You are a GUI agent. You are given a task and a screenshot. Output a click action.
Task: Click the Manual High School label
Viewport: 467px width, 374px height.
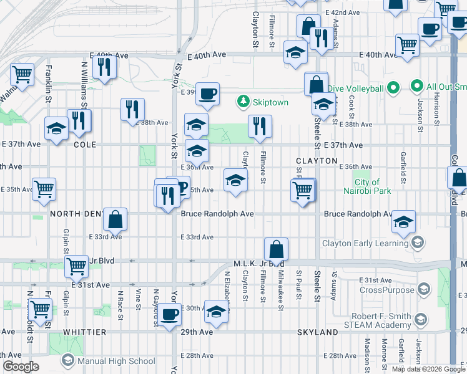(x=116, y=361)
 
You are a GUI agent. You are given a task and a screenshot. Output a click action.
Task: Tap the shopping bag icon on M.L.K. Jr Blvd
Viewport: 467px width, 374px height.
(x=276, y=249)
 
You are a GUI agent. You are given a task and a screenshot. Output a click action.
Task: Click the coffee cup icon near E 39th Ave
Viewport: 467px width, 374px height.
(x=208, y=93)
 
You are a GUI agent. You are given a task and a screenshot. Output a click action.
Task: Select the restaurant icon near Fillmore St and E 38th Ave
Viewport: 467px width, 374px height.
(x=260, y=127)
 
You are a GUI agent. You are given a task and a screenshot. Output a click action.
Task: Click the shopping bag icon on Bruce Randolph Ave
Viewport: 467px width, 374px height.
(x=116, y=219)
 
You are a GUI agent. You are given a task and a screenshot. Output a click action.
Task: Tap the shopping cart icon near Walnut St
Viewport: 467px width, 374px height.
(x=22, y=74)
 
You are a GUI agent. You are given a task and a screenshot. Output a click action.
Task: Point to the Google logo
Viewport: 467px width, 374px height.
(x=21, y=367)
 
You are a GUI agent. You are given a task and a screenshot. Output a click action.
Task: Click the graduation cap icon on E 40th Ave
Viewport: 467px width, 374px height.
(x=295, y=52)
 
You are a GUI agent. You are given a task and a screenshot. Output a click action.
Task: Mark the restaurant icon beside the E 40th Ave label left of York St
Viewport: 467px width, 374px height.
(x=104, y=65)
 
